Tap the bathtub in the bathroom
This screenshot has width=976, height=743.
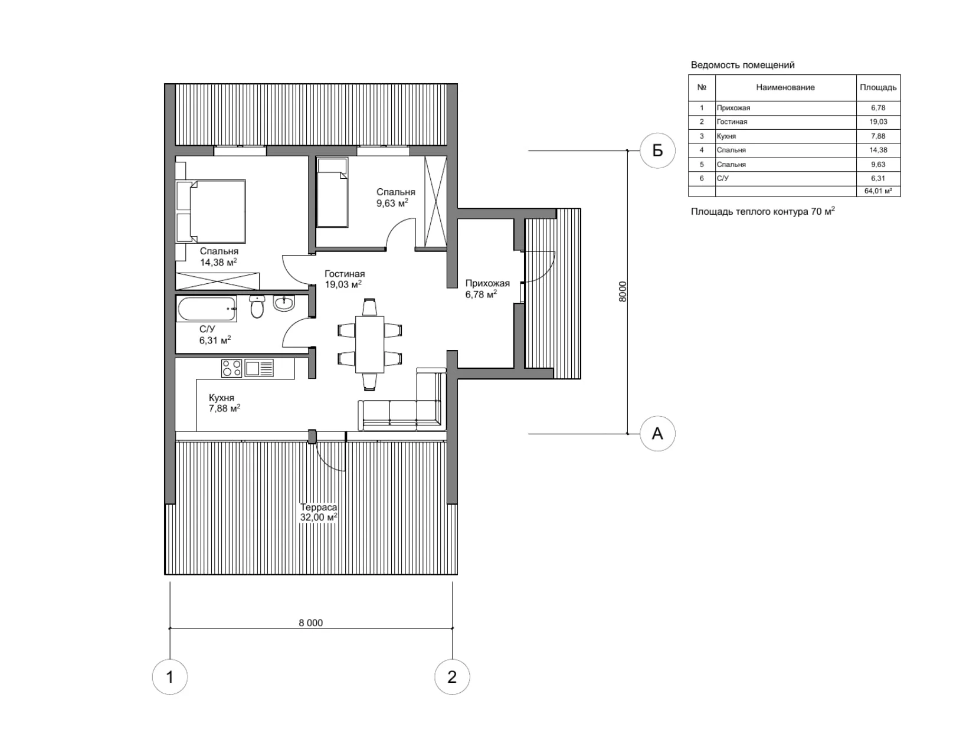206,309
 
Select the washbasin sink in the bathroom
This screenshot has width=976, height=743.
284,304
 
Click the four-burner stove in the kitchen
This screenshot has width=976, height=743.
231,368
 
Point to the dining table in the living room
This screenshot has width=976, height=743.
370,344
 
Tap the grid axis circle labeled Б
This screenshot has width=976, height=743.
657,151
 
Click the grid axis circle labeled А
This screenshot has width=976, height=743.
657,434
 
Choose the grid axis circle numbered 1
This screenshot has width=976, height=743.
170,676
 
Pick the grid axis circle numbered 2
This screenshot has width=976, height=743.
452,676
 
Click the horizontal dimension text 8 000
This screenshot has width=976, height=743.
311,623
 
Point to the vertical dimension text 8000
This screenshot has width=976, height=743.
623,292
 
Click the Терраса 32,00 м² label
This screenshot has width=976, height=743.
319,512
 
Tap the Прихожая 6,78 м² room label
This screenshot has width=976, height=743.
487,289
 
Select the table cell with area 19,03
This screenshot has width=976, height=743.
878,122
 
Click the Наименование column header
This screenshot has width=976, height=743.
785,87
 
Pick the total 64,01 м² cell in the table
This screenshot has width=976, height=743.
878,191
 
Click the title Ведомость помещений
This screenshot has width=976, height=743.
742,65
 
